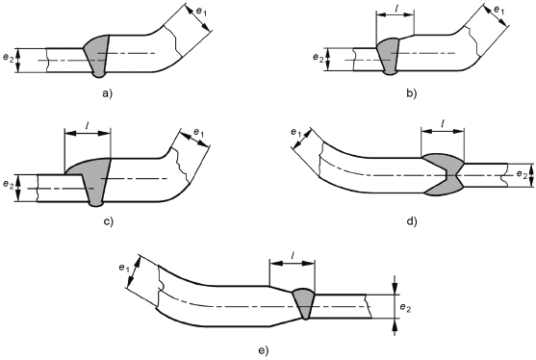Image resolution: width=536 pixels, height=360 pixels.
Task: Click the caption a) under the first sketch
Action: pyautogui.click(x=107, y=93)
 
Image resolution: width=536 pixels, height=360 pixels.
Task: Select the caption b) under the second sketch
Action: pyautogui.click(x=412, y=93)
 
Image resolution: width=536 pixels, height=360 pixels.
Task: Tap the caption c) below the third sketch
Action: pyautogui.click(x=108, y=221)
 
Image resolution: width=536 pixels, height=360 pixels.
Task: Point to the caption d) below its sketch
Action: pyautogui.click(x=412, y=221)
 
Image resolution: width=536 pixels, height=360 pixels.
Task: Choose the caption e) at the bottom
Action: pyautogui.click(x=264, y=350)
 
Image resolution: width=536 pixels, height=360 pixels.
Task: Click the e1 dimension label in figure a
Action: pyautogui.click(x=201, y=11)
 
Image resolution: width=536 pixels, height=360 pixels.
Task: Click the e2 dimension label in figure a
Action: pyautogui.click(x=9, y=58)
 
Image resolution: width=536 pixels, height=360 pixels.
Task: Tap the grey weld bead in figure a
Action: pyautogui.click(x=97, y=56)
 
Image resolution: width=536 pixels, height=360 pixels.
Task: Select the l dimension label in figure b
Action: pyautogui.click(x=396, y=8)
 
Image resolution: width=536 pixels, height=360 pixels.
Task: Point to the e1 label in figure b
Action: pyautogui.click(x=499, y=11)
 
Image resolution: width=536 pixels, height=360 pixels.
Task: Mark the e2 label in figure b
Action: pyautogui.click(x=318, y=58)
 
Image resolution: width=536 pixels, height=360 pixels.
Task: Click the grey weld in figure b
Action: pyautogui.click(x=388, y=57)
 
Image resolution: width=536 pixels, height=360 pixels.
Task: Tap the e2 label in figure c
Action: pyautogui.click(x=9, y=184)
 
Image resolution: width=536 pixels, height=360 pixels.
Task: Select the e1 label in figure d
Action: pyautogui.click(x=296, y=132)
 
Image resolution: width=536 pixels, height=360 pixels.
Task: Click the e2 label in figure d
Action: pyautogui.click(x=522, y=174)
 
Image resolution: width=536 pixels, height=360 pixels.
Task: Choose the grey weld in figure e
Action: pyautogui.click(x=304, y=303)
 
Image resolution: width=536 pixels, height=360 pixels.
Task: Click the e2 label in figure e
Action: pyautogui.click(x=405, y=307)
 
